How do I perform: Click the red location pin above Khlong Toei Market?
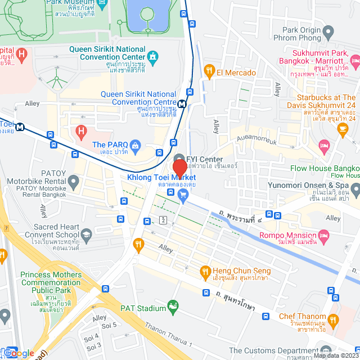179,169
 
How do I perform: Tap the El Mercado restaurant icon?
209,71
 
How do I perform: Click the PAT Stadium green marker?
173,307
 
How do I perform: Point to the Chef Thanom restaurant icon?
333,319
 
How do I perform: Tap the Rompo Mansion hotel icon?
323,234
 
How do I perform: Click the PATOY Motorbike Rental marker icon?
73,182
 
